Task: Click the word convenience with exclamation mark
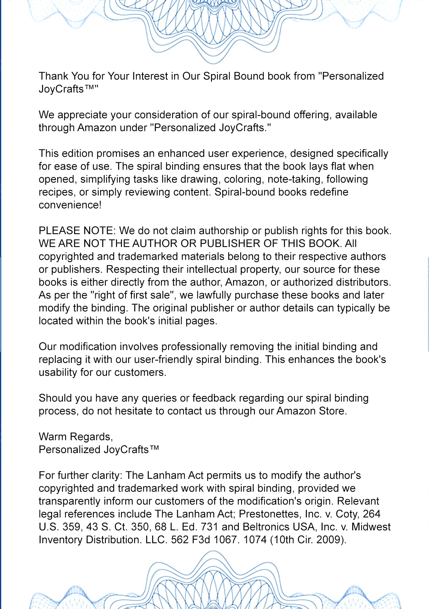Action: (x=70, y=205)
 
